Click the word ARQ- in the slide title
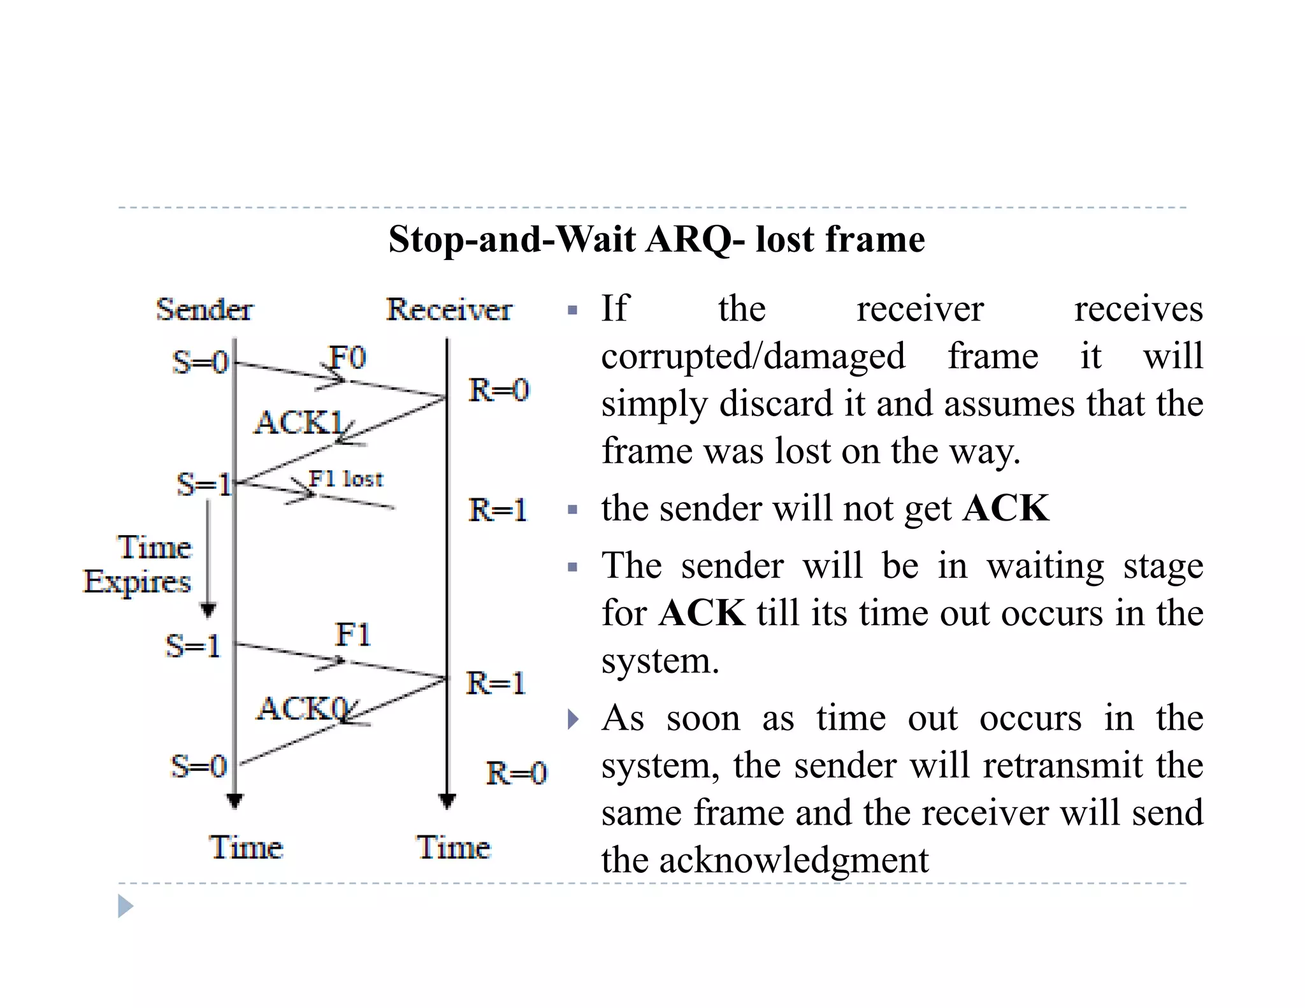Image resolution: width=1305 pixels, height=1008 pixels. [695, 240]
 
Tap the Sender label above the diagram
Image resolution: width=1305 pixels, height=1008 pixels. [205, 310]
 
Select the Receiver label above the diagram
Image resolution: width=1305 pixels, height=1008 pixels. [449, 310]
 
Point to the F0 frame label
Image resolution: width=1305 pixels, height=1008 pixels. [347, 357]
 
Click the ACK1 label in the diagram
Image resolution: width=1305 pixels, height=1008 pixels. [298, 422]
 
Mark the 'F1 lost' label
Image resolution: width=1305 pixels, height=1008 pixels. [346, 479]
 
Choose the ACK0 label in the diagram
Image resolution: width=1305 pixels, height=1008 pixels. [302, 709]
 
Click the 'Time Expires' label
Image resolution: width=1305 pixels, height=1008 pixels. [138, 565]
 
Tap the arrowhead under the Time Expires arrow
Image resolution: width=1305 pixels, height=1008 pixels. [208, 610]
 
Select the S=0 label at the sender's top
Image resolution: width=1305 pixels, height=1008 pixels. [200, 363]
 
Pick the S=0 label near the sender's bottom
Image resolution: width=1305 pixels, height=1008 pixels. [199, 766]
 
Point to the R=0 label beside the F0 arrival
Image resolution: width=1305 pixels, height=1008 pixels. [499, 390]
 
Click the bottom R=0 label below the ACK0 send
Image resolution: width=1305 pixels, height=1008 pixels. [516, 773]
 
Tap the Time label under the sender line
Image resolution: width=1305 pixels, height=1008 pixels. [246, 847]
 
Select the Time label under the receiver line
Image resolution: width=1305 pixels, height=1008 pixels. [454, 847]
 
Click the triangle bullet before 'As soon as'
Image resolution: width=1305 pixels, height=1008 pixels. [573, 719]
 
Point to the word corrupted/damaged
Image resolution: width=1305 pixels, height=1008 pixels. [753, 356]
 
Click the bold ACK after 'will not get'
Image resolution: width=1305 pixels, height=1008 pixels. [1006, 508]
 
